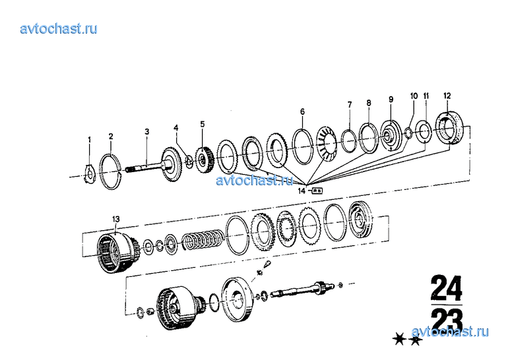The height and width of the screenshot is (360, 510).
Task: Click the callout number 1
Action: pyautogui.click(x=90, y=139)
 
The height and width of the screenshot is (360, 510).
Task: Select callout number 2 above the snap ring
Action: pyautogui.click(x=111, y=136)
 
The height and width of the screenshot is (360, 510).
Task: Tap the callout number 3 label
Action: pyautogui.click(x=146, y=132)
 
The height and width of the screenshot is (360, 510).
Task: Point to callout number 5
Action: pyautogui.click(x=203, y=123)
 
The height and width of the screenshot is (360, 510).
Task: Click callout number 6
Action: pyautogui.click(x=302, y=111)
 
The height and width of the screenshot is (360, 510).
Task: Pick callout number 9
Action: pyautogui.click(x=391, y=99)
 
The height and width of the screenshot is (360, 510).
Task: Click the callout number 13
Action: pyautogui.click(x=117, y=218)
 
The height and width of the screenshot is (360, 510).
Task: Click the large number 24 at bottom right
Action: pyautogui.click(x=446, y=289)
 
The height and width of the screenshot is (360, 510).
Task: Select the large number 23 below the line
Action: pyautogui.click(x=446, y=321)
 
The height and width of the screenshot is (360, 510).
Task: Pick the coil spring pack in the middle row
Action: pyautogui.click(x=201, y=240)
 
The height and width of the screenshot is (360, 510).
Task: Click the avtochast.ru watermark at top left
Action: pyautogui.click(x=59, y=28)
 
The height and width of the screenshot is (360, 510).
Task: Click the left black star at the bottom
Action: pyautogui.click(x=398, y=340)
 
